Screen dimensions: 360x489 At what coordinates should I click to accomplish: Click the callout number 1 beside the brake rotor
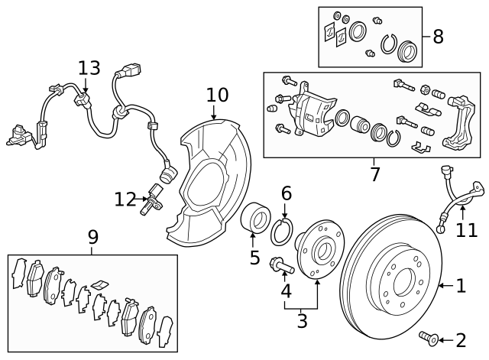(460, 286)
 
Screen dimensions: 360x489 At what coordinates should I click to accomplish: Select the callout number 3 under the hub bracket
(302, 322)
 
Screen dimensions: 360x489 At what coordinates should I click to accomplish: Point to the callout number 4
(286, 291)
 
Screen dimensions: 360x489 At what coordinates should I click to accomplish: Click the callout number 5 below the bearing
(254, 258)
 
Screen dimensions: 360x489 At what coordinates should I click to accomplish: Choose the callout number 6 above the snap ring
(286, 193)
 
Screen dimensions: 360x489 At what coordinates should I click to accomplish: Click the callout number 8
(437, 36)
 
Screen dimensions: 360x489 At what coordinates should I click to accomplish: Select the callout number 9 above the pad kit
(92, 237)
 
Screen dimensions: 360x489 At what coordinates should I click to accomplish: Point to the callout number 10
(217, 95)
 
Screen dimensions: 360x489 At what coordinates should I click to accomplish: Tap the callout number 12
(125, 199)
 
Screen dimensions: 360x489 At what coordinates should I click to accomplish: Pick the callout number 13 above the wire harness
(89, 68)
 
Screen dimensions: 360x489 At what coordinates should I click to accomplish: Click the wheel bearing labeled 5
(254, 218)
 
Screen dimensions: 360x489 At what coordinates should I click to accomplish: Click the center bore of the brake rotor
(400, 285)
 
